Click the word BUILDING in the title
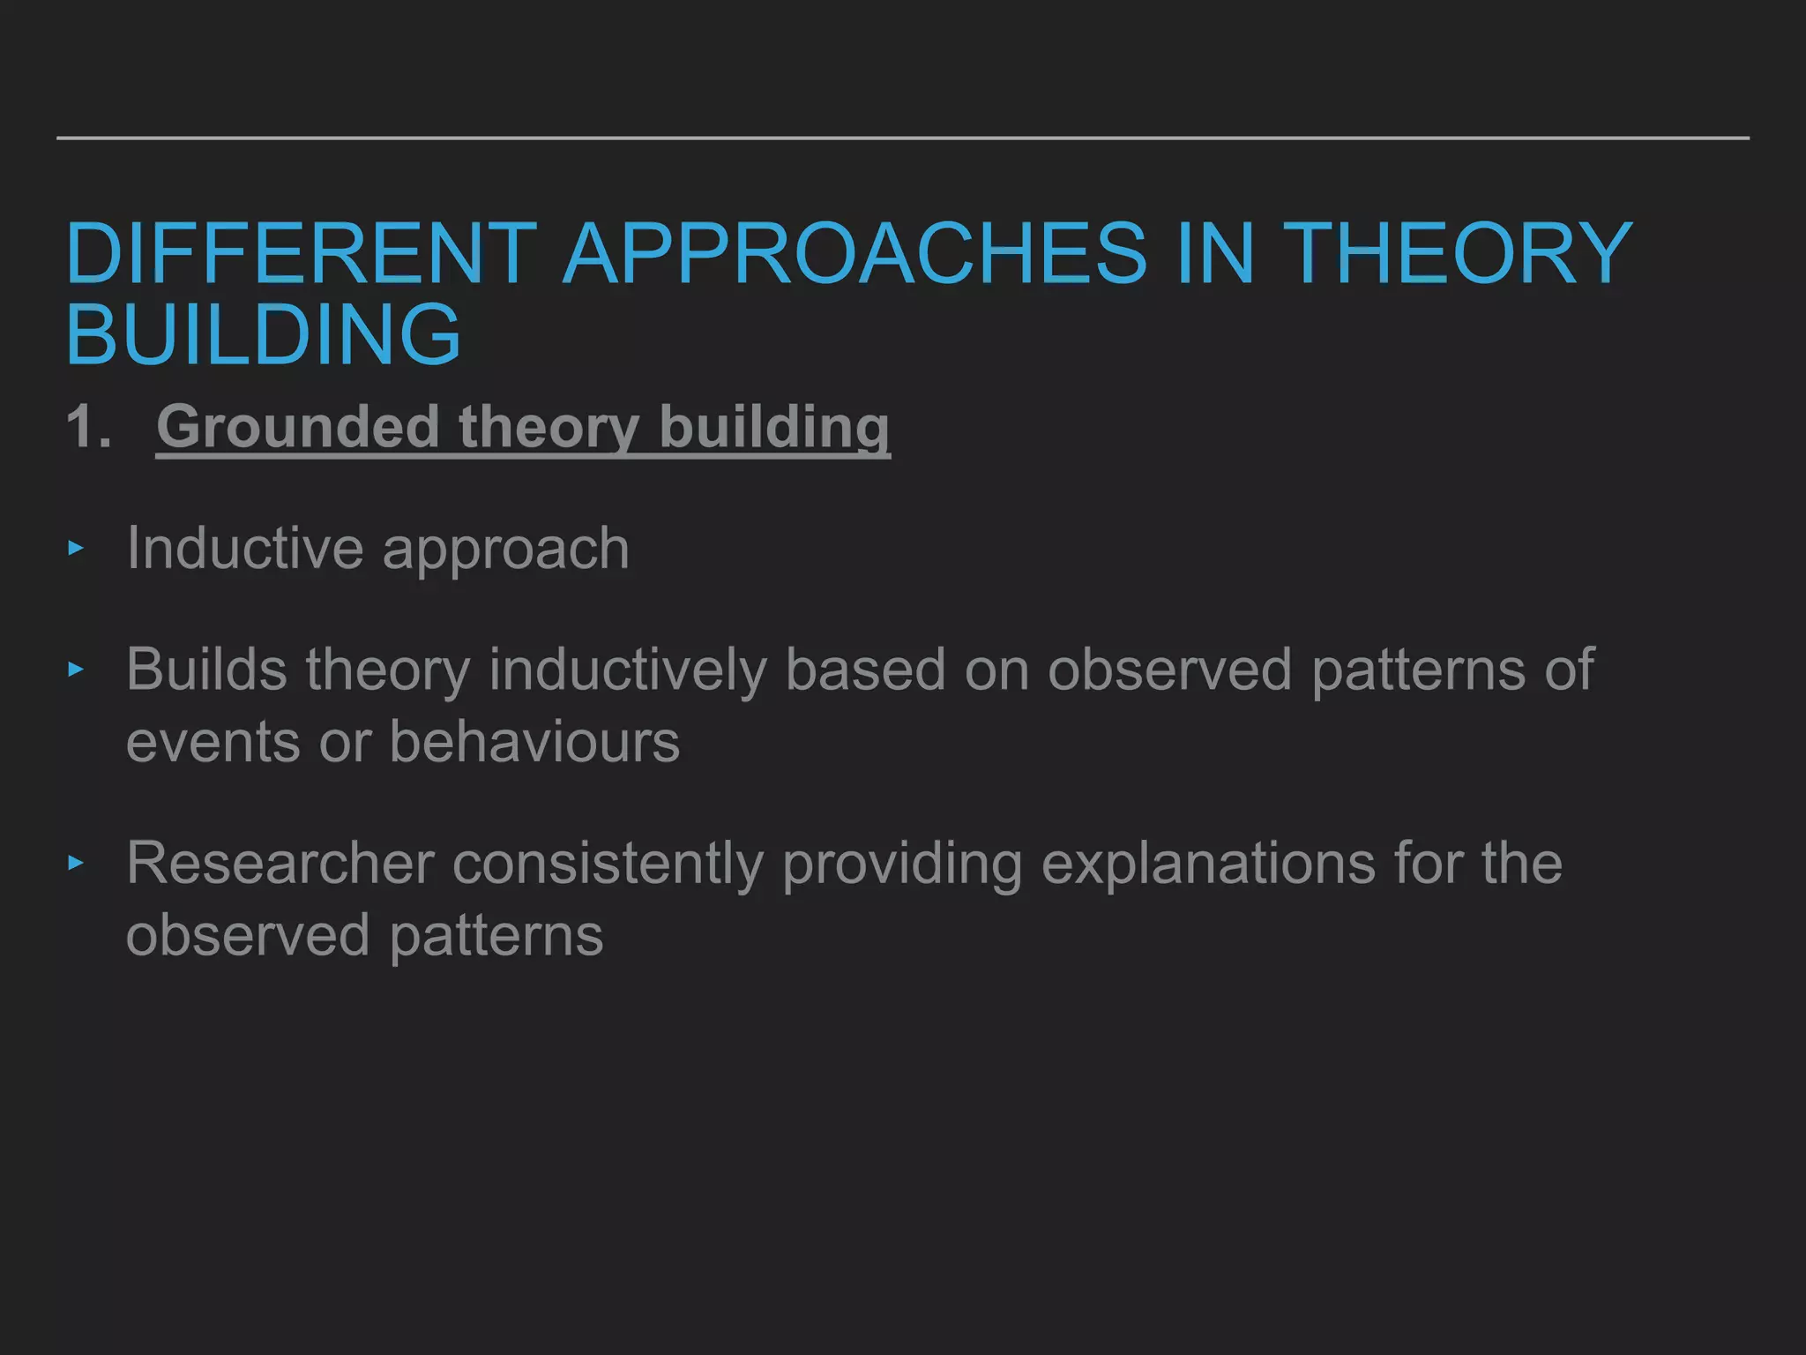(x=263, y=333)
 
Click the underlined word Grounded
(x=297, y=427)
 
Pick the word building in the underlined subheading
(x=774, y=427)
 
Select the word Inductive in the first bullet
(x=244, y=548)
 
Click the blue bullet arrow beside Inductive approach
(x=76, y=549)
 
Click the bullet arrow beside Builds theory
(x=76, y=670)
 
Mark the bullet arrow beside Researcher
(x=76, y=863)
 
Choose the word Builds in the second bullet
(x=205, y=669)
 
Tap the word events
(x=213, y=743)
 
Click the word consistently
(x=608, y=864)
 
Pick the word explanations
(x=1208, y=864)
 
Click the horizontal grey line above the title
(x=903, y=138)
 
